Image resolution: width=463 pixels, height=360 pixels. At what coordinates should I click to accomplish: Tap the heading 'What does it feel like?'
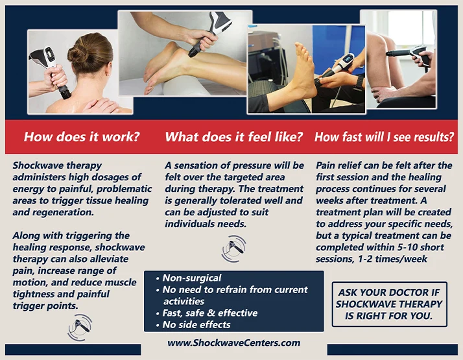[x=233, y=137]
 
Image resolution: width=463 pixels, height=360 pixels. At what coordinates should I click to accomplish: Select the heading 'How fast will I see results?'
[x=384, y=137]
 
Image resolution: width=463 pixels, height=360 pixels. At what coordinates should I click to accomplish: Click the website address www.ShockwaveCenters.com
[x=233, y=342]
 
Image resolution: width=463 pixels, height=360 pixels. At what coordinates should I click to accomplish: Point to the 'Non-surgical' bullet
[x=192, y=278]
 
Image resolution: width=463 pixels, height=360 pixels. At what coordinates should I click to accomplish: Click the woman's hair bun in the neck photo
[x=80, y=53]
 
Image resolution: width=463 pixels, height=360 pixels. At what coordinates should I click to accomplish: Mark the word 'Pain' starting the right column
[x=327, y=165]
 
